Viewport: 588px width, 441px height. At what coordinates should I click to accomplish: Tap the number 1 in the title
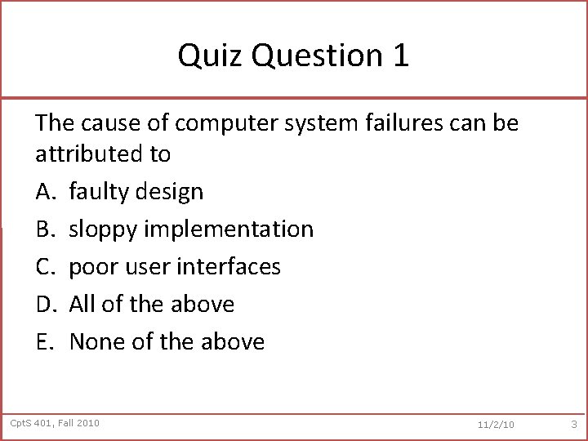tap(400, 56)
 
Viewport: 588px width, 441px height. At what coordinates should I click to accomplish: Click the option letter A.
tap(45, 192)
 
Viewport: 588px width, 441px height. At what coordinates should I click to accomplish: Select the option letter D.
tap(45, 305)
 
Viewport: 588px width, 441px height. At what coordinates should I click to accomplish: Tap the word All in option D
tap(82, 305)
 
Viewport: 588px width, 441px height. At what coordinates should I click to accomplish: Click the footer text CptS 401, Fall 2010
tap(55, 422)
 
